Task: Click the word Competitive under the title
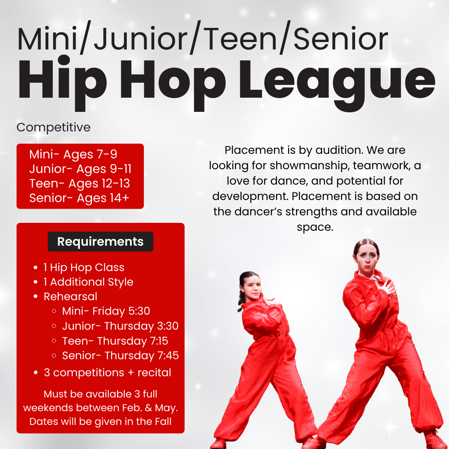pyautogui.click(x=54, y=128)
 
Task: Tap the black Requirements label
pyautogui.click(x=101, y=242)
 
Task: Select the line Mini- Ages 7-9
pyautogui.click(x=73, y=154)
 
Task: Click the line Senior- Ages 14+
pyautogui.click(x=79, y=198)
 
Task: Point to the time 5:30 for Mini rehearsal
pyautogui.click(x=139, y=311)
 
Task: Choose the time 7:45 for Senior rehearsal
pyautogui.click(x=168, y=355)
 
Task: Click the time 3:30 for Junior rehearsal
pyautogui.click(x=168, y=326)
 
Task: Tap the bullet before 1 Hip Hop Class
pyautogui.click(x=35, y=268)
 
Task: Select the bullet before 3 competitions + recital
pyautogui.click(x=36, y=373)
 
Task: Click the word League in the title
pyautogui.click(x=337, y=83)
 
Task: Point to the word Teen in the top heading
pyautogui.click(x=240, y=39)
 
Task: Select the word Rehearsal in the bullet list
pyautogui.click(x=70, y=297)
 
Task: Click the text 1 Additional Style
pyautogui.click(x=89, y=282)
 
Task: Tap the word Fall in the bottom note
pyautogui.click(x=163, y=422)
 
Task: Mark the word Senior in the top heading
pyautogui.click(x=341, y=39)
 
